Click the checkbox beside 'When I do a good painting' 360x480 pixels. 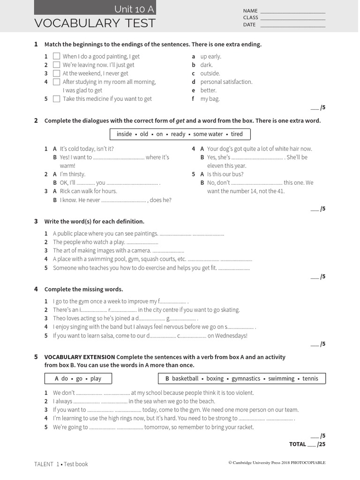pyautogui.click(x=56, y=57)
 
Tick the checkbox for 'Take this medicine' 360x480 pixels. pyautogui.click(x=56, y=99)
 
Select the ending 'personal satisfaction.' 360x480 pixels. pyautogui.click(x=226, y=82)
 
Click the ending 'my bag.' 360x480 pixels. pyautogui.click(x=210, y=99)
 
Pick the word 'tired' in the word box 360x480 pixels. pyautogui.click(x=237, y=134)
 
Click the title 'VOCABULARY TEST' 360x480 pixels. pyautogui.click(x=95, y=23)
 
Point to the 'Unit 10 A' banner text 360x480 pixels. pyautogui.click(x=134, y=9)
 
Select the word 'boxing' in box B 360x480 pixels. pyautogui.click(x=215, y=379)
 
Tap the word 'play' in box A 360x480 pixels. pyautogui.click(x=96, y=379)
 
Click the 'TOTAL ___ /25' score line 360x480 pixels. pyautogui.click(x=307, y=444)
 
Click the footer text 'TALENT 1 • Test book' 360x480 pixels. pyautogui.click(x=61, y=464)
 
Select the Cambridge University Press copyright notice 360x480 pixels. pyautogui.click(x=277, y=463)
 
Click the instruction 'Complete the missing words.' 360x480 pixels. pyautogui.click(x=83, y=289)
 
